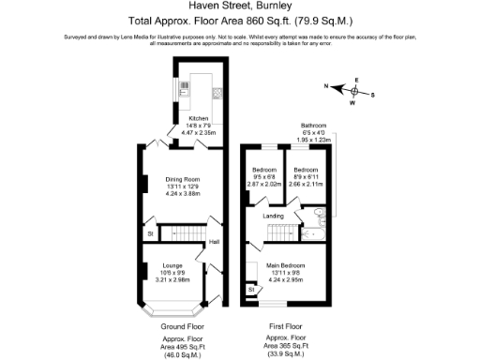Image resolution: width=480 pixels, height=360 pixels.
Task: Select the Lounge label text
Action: click(172, 265)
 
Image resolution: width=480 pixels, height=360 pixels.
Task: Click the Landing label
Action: click(273, 217)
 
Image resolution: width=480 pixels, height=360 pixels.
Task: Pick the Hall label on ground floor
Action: click(214, 241)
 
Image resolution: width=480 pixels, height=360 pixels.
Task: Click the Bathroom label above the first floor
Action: click(313, 126)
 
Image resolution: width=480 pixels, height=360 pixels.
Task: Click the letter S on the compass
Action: click(372, 95)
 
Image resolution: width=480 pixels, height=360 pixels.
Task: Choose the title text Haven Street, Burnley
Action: click(239, 7)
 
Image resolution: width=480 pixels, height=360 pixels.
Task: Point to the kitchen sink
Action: click(185, 89)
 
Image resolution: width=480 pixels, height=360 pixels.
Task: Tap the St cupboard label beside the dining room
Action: click(149, 232)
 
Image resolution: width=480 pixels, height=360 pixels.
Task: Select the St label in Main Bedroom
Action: click(252, 291)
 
